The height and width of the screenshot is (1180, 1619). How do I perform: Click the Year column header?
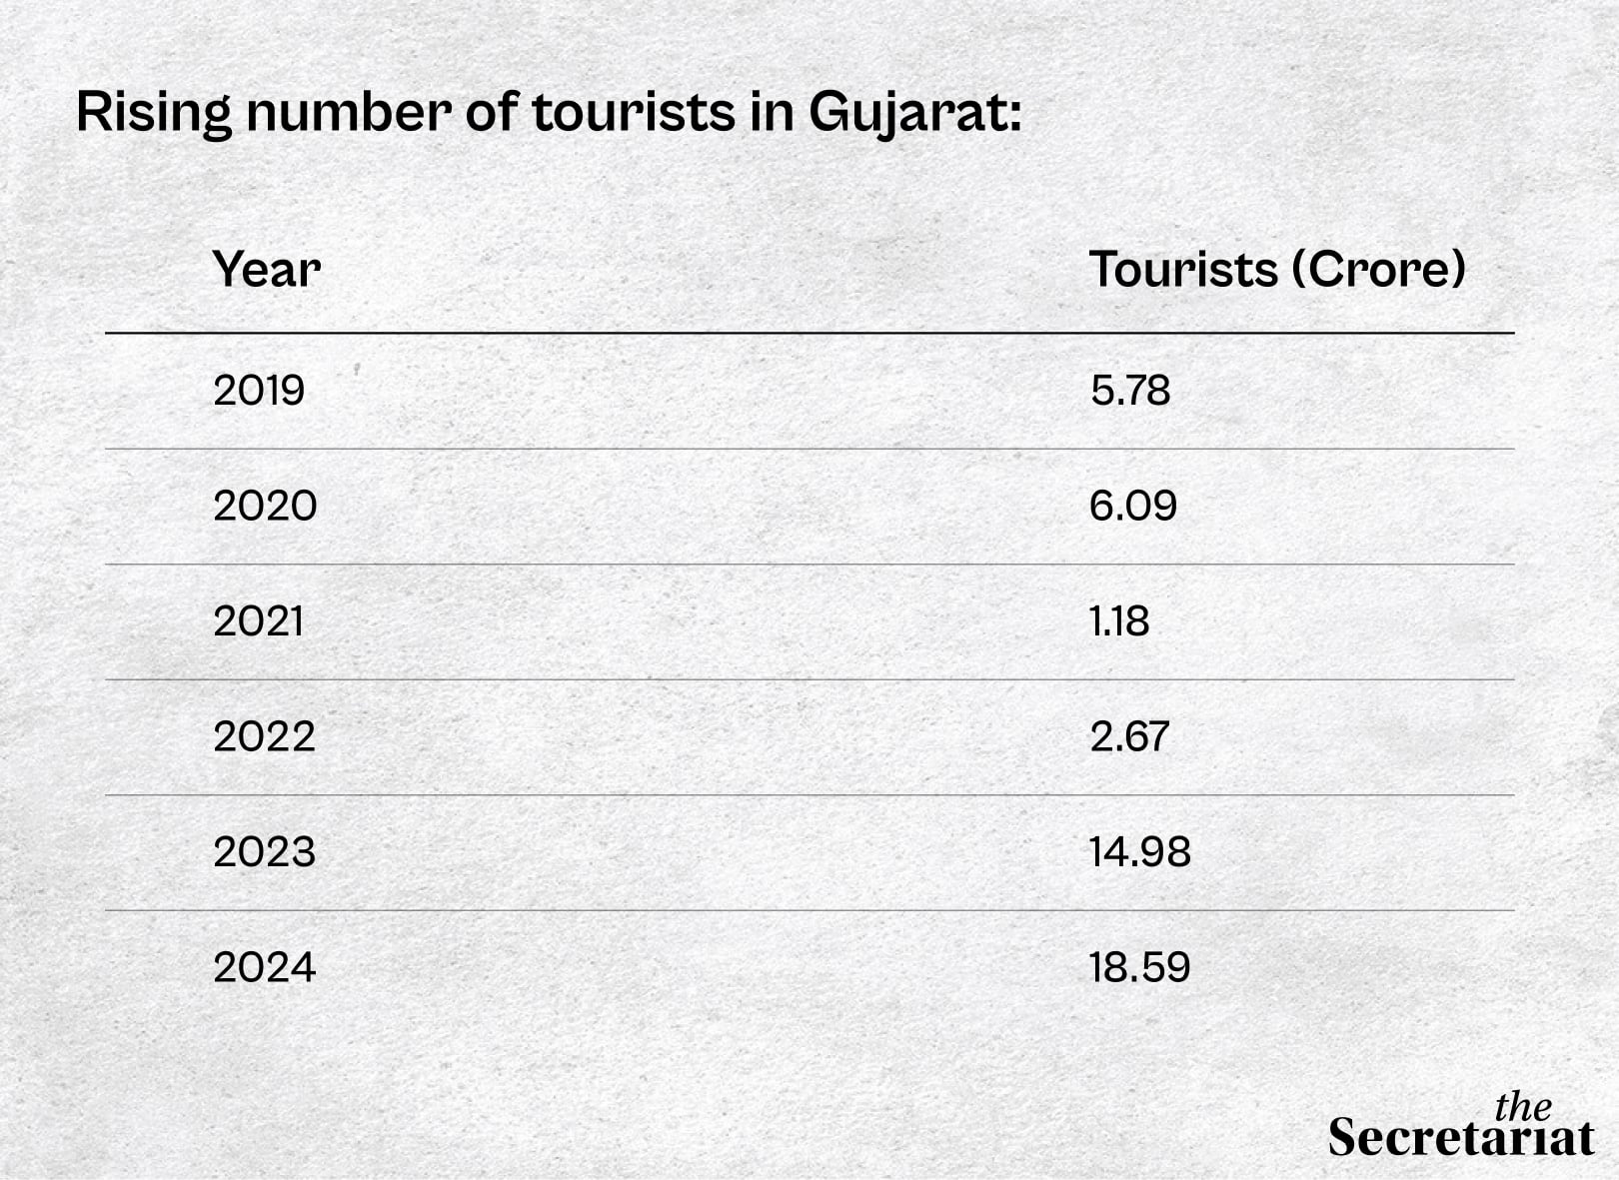[x=266, y=269]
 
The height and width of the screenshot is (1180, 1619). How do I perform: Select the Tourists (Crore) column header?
[x=1276, y=269]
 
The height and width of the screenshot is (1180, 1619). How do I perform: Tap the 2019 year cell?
[x=259, y=390]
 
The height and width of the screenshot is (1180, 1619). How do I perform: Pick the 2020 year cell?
[x=265, y=506]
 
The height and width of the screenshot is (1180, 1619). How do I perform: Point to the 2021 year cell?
[x=258, y=621]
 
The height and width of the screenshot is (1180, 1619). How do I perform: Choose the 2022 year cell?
[x=264, y=736]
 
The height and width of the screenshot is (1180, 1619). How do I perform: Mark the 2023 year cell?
[x=264, y=852]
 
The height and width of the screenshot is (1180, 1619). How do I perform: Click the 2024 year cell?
[x=264, y=967]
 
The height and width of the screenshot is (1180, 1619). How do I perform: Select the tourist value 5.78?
[x=1129, y=390]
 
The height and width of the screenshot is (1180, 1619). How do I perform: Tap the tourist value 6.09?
[x=1132, y=506]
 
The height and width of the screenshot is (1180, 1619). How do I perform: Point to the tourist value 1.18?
[x=1119, y=621]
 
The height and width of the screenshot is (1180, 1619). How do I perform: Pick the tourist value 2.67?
[x=1128, y=736]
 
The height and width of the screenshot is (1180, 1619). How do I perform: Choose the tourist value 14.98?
[x=1139, y=852]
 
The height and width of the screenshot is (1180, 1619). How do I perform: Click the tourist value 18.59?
[x=1139, y=967]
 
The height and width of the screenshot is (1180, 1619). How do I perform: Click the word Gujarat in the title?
[x=913, y=112]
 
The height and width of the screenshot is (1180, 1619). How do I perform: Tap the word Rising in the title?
[x=153, y=112]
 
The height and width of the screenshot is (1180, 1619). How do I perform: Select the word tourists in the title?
[x=634, y=112]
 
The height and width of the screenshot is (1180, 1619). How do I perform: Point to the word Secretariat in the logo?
[x=1460, y=1138]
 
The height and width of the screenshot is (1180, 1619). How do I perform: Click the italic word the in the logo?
[x=1522, y=1106]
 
